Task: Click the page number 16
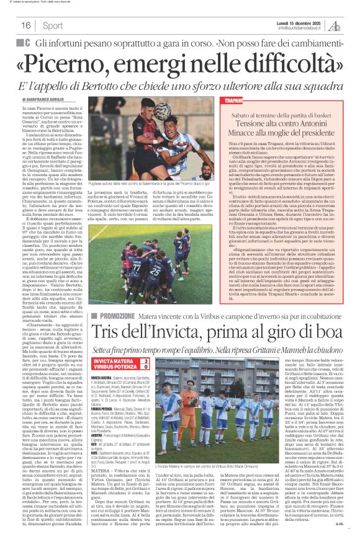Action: pyautogui.click(x=27, y=25)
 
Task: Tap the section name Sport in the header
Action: pyautogui.click(x=53, y=25)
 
